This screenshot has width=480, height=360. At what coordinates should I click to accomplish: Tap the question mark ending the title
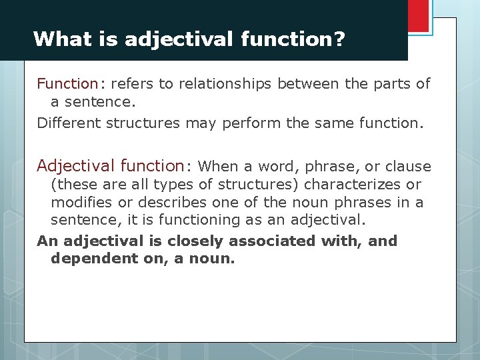click(339, 39)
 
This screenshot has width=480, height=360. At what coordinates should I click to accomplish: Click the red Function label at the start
click(67, 84)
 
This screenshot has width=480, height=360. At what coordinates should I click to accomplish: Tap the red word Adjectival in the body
click(71, 165)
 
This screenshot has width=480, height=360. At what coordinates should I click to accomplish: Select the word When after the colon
click(217, 166)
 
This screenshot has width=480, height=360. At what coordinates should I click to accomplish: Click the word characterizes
click(351, 185)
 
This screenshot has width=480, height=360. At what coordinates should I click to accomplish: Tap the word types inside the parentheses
click(175, 185)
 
